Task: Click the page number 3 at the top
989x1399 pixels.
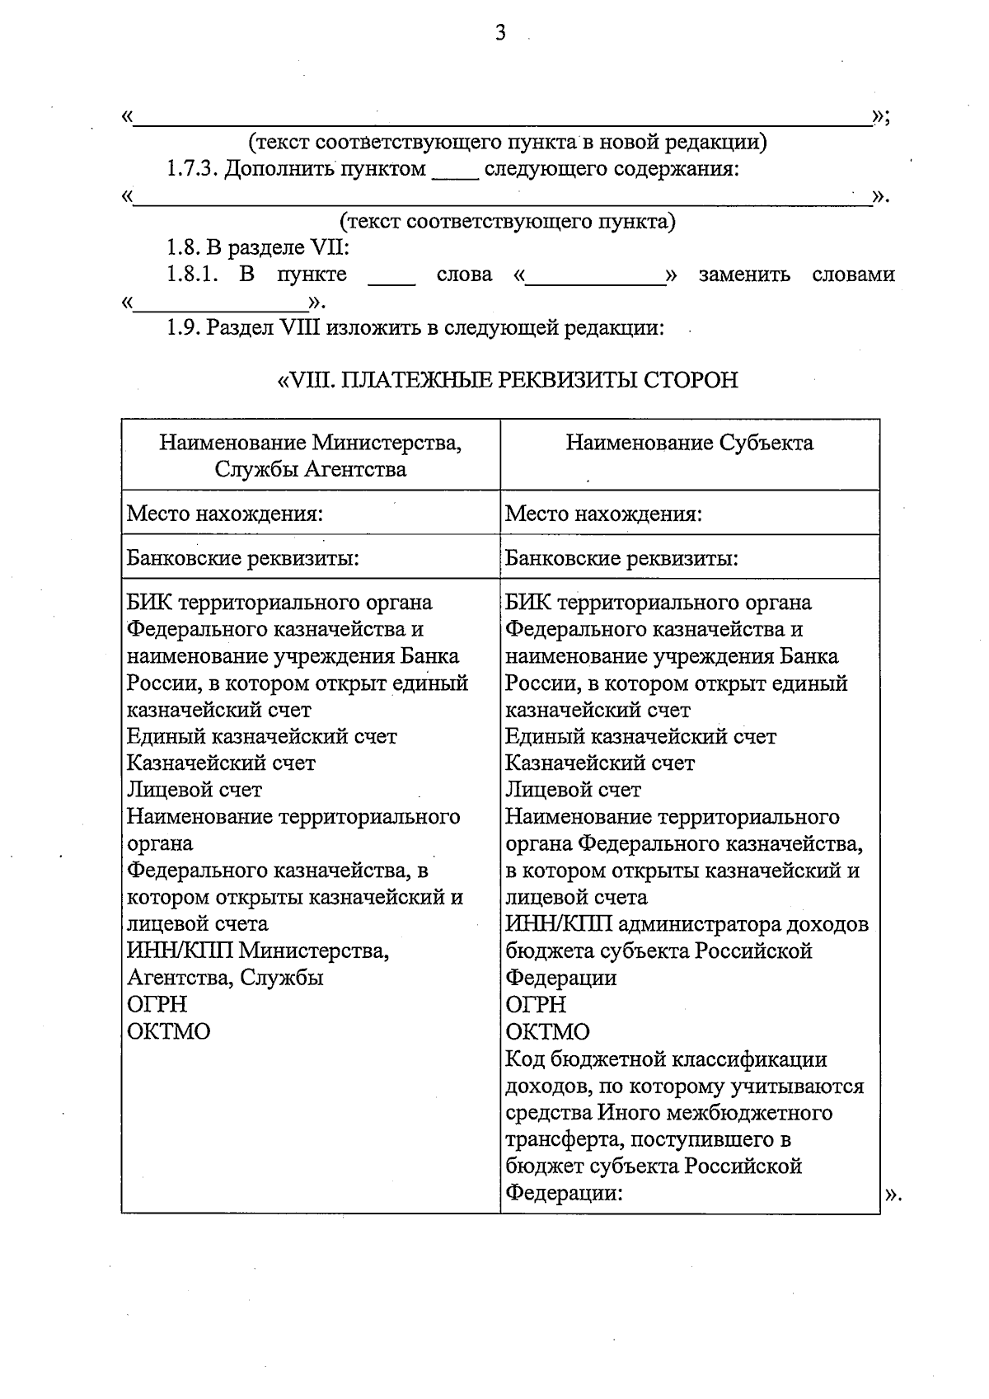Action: (499, 33)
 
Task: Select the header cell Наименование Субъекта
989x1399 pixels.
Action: (689, 443)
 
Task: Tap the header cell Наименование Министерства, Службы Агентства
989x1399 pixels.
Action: (310, 456)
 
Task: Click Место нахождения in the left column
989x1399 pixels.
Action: (223, 514)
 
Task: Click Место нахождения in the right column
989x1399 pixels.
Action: (602, 514)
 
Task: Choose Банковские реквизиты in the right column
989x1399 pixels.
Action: (621, 559)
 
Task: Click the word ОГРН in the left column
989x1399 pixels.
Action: (157, 1004)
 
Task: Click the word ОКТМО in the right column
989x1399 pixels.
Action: (547, 1031)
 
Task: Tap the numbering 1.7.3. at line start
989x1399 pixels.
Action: (191, 169)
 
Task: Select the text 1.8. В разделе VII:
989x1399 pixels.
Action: (258, 247)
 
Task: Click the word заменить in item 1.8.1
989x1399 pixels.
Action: (743, 275)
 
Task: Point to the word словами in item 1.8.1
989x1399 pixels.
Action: (853, 275)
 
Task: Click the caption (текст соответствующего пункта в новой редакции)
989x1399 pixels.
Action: (508, 143)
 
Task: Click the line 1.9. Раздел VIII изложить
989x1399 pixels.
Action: (415, 328)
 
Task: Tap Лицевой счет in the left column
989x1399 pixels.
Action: (194, 790)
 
